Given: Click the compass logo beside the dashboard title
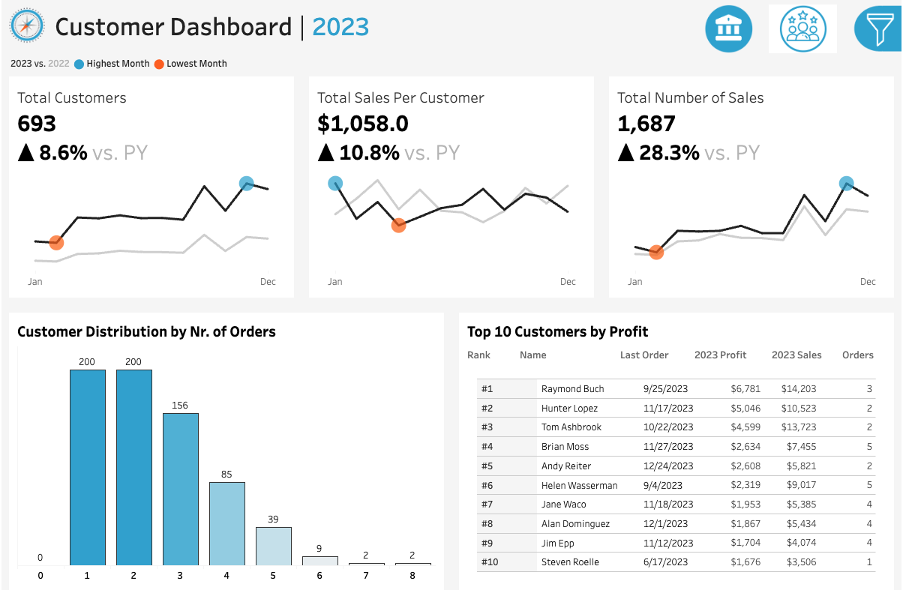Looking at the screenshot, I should [x=26, y=27].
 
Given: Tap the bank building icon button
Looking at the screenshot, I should [x=727, y=29].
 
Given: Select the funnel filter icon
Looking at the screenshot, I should [x=877, y=29].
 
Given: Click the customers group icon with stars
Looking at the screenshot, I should [x=802, y=29].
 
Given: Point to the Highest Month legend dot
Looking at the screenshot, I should [x=79, y=64].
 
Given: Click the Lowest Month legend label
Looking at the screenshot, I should [x=196, y=64].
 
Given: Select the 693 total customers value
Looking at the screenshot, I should [x=37, y=124].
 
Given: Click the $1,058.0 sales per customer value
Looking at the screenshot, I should [x=363, y=124].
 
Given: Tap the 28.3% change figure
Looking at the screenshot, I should [x=669, y=153].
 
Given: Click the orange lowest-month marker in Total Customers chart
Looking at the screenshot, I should [x=56, y=242].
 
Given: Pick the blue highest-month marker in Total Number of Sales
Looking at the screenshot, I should [x=846, y=183].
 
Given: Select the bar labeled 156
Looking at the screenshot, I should [x=181, y=488].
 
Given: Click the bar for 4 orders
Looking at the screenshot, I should [x=227, y=523].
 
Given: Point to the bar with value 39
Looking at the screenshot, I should [x=274, y=545].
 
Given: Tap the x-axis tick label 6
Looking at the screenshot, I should [x=319, y=576].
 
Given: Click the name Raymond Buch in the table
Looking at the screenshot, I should [x=572, y=389].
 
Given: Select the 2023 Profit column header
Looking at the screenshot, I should [x=720, y=355].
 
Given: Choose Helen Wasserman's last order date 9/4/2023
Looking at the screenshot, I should [x=662, y=485].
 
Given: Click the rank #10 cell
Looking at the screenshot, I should [x=489, y=562].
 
